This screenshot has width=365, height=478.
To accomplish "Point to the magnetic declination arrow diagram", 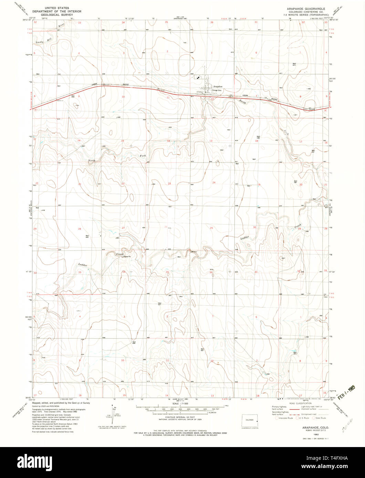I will coord(114,414).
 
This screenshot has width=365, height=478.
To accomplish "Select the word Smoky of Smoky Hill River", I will coord(40,42).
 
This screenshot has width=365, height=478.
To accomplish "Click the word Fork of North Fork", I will coord(143,156).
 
